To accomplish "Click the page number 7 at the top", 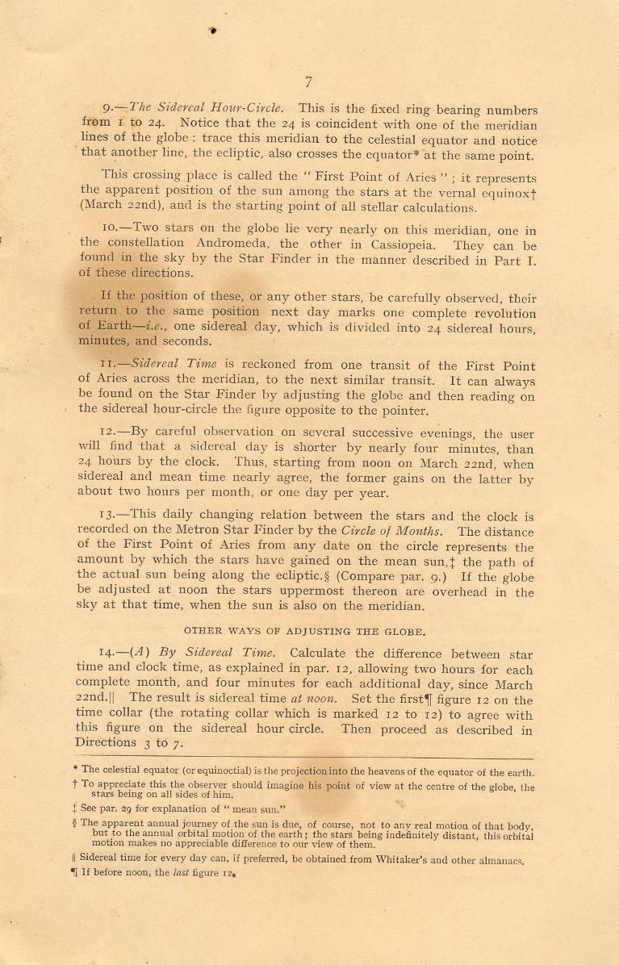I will (308, 81).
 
